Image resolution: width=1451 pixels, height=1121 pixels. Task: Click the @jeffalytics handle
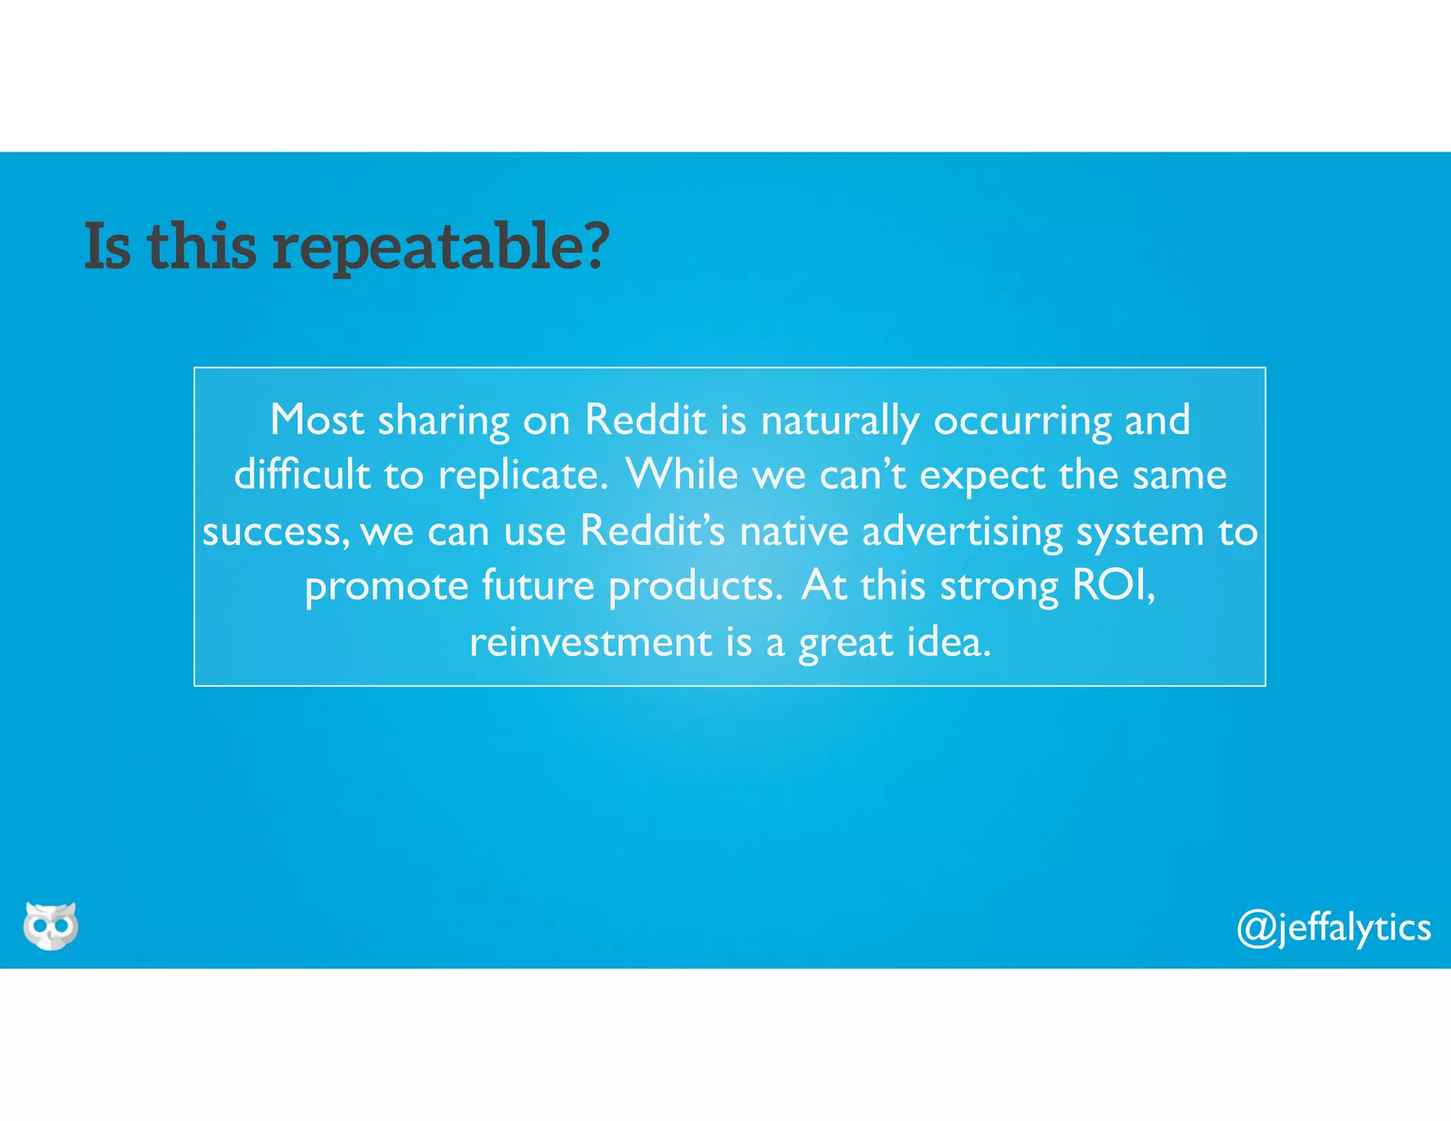pos(1333,928)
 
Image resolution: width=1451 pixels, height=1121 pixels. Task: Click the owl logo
pos(51,925)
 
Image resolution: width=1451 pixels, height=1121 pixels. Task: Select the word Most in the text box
pos(317,419)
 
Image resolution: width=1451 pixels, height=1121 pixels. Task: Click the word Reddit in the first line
pos(645,419)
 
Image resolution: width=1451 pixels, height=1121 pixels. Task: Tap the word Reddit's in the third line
pos(653,531)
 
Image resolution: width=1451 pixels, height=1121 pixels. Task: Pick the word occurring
pos(1022,421)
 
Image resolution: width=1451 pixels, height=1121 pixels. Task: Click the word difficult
pos(303,475)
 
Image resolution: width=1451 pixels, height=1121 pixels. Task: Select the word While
pos(682,475)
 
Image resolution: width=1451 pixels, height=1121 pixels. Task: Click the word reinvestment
pos(591,643)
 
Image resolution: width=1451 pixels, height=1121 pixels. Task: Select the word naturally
pos(840,421)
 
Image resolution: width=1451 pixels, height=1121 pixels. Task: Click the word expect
pos(982,476)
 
